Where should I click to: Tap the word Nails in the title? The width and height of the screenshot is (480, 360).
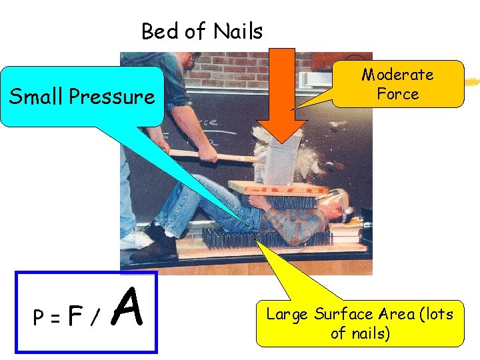[238, 31]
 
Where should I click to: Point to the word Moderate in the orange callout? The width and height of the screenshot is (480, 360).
[397, 75]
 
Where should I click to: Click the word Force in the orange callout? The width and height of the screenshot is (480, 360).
[397, 94]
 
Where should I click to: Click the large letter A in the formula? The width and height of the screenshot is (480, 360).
[127, 310]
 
